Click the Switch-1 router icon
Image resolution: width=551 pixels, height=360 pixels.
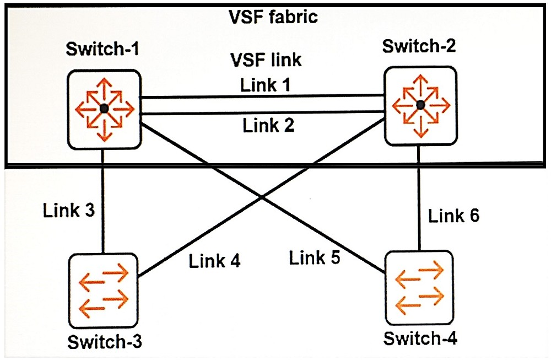[103, 109]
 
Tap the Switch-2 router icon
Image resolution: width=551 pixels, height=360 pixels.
[420, 105]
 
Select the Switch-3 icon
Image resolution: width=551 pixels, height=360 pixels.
[104, 291]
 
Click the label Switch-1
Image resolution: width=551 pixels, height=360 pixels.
[102, 50]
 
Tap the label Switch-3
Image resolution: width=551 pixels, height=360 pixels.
[105, 342]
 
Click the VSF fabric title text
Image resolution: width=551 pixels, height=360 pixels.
[273, 17]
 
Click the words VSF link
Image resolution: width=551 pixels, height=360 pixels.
[267, 59]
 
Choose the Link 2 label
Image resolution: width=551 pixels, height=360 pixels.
[268, 126]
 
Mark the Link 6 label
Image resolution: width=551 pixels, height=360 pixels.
[454, 216]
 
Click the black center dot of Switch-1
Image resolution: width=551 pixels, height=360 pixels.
[103, 109]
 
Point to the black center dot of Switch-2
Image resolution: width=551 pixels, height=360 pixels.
[420, 105]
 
